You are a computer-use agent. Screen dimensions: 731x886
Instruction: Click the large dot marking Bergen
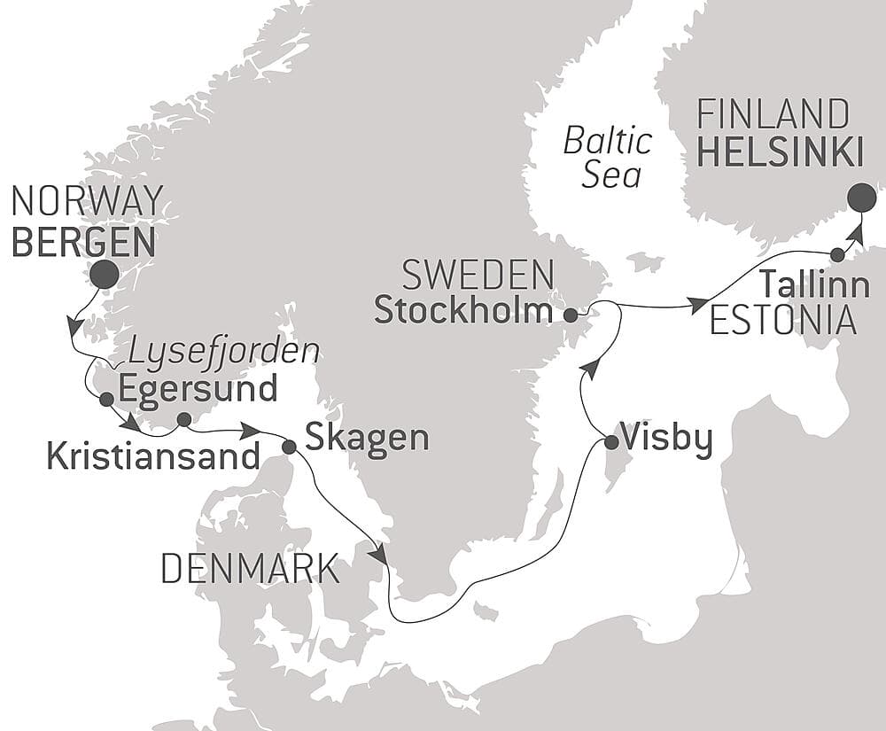[x=105, y=275]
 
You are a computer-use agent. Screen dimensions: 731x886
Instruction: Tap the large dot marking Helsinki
[x=861, y=198]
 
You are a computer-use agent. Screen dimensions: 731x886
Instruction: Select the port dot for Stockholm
[x=571, y=315]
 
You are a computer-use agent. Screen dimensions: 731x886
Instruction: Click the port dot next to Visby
[x=610, y=442]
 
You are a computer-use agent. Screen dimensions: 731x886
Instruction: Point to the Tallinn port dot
[x=837, y=255]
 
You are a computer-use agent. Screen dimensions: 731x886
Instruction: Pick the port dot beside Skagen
[x=289, y=447]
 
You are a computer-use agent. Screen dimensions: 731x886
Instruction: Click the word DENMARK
[x=250, y=569]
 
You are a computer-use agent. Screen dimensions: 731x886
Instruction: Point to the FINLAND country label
[x=773, y=115]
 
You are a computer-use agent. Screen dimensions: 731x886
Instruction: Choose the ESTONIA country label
[x=783, y=321]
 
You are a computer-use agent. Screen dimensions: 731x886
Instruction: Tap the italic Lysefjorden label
[x=223, y=352]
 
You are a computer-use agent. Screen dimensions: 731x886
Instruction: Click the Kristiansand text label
[x=152, y=456]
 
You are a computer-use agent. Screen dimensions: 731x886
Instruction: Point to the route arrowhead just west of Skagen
[x=251, y=431]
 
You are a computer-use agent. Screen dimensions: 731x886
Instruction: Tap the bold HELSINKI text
[x=780, y=152]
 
